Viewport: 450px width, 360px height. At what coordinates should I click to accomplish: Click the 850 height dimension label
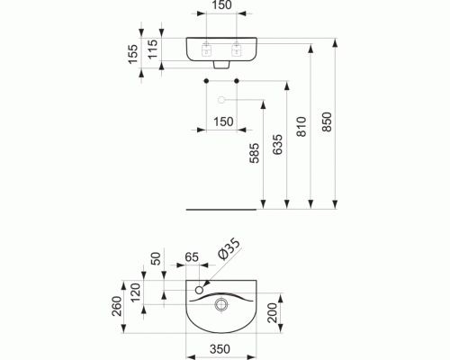[x=328, y=121]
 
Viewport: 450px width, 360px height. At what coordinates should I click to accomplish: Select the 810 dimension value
[x=301, y=127]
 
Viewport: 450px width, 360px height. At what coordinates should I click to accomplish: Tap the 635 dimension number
[x=278, y=144]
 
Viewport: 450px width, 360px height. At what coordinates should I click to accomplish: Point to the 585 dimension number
[x=255, y=153]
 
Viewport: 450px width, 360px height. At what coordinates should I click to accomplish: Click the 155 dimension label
[x=133, y=54]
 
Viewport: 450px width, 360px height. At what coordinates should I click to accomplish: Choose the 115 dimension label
[x=153, y=49]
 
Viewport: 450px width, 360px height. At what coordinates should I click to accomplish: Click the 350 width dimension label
[x=220, y=349]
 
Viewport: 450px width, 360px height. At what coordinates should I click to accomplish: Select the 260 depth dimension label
[x=117, y=306]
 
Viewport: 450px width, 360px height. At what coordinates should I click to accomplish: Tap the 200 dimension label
[x=273, y=313]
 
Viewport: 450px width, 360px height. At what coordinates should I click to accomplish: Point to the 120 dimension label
[x=136, y=292]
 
